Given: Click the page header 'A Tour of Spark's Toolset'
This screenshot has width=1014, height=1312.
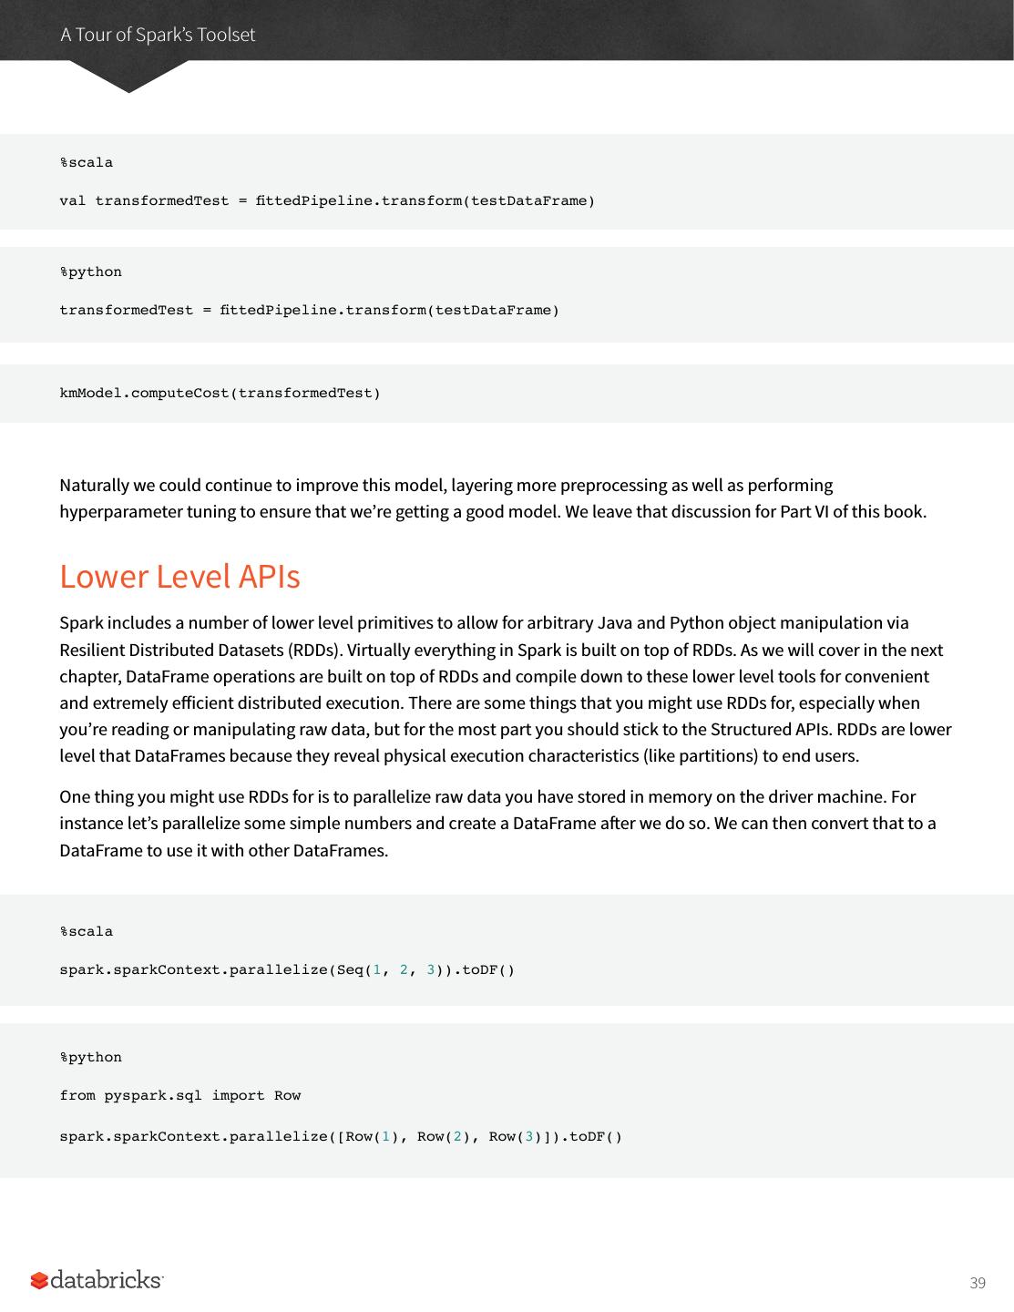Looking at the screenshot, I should (158, 35).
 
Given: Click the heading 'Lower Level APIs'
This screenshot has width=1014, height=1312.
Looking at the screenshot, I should (179, 576).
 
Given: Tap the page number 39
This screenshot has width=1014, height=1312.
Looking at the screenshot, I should (978, 1283).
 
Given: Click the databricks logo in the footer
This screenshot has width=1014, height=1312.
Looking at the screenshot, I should (97, 1280).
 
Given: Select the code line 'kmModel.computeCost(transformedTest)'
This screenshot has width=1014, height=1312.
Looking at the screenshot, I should (220, 394).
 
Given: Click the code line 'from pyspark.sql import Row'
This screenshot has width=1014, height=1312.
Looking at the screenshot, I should (179, 1095).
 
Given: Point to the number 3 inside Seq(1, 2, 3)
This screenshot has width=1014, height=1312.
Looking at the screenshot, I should (431, 969).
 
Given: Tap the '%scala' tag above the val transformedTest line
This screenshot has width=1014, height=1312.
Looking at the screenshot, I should (87, 162).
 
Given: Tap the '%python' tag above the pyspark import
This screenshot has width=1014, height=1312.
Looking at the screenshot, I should (90, 1057).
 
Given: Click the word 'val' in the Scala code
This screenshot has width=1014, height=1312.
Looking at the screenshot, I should (72, 200).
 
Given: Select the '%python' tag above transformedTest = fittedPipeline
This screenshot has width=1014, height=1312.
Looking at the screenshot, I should (90, 272).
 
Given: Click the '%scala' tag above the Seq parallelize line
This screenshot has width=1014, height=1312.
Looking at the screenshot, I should (87, 931).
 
